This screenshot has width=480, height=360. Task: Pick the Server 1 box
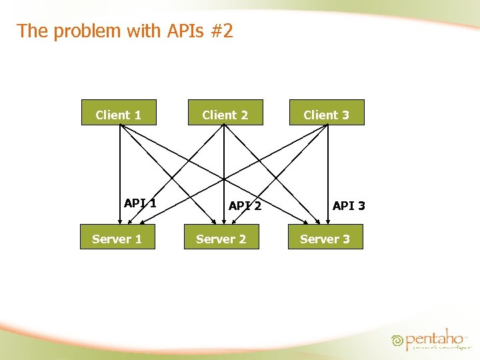(117, 238)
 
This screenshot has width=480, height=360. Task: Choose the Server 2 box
(221, 238)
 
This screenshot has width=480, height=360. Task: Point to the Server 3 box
(325, 238)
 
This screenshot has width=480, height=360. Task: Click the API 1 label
(140, 203)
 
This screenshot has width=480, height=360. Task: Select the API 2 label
(245, 206)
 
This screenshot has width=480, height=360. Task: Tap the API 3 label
(349, 206)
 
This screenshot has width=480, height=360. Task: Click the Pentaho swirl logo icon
(398, 340)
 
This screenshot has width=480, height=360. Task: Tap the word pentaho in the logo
(435, 338)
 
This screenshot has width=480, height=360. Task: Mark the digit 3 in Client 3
(345, 115)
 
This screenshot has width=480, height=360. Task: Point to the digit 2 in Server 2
(242, 239)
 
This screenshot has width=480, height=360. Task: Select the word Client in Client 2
(219, 115)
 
